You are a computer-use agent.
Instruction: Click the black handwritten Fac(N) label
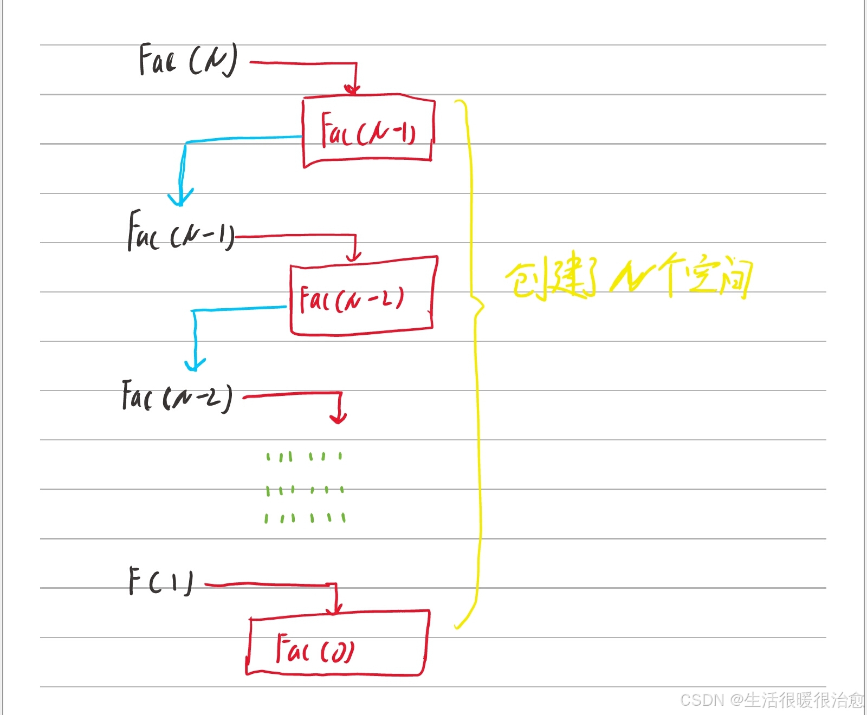pyautogui.click(x=187, y=60)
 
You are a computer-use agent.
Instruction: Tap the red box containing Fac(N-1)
pyautogui.click(x=368, y=130)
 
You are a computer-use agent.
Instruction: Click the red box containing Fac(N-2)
pyautogui.click(x=362, y=297)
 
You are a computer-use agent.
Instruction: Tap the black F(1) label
pyautogui.click(x=160, y=581)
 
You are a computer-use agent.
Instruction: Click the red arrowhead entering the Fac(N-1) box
pyautogui.click(x=353, y=89)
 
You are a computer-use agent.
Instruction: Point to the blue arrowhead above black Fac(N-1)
pyautogui.click(x=180, y=198)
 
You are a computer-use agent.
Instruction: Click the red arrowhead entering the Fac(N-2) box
pyautogui.click(x=354, y=256)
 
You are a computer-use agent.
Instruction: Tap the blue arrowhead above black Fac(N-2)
pyautogui.click(x=195, y=364)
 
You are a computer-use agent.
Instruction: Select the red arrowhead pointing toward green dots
pyautogui.click(x=339, y=418)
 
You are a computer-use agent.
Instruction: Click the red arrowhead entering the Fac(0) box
pyautogui.click(x=335, y=609)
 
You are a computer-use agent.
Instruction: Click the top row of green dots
pyautogui.click(x=304, y=457)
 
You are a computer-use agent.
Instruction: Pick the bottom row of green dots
pyautogui.click(x=305, y=518)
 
